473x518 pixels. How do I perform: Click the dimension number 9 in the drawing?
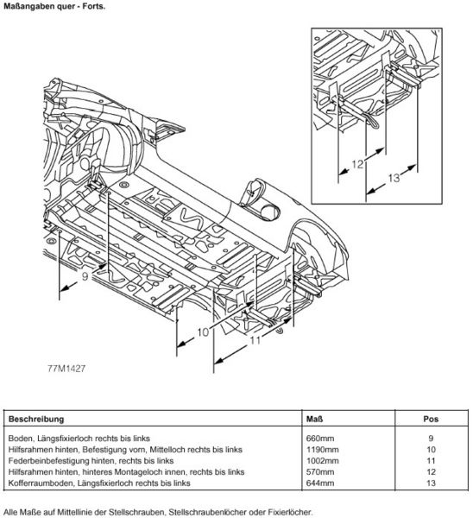coord(85,275)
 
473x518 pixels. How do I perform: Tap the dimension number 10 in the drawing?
coord(203,332)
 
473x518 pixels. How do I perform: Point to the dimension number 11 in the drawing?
coord(255,339)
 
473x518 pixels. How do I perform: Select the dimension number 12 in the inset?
coord(357,164)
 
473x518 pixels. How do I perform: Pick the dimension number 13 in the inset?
coord(394,178)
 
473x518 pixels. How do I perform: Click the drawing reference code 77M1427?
coord(66,369)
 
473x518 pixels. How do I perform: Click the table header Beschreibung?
coord(36,420)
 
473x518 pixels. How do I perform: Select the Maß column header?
coord(314,420)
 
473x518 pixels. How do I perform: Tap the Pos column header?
coord(431,420)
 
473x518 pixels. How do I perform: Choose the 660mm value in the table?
coord(320,439)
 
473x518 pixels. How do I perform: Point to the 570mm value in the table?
coord(320,472)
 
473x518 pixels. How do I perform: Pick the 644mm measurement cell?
coord(320,483)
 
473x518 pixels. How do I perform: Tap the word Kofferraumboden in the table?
coord(41,483)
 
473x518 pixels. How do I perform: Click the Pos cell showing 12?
coord(431,472)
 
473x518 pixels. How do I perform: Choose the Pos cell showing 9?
coord(431,439)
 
